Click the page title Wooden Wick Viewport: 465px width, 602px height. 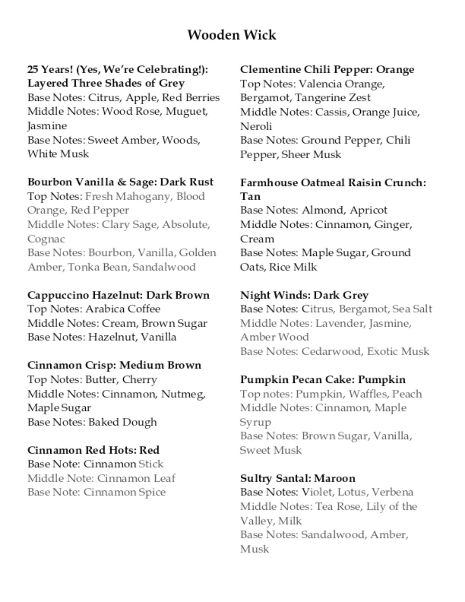tap(232, 35)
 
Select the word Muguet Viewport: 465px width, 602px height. tap(186, 111)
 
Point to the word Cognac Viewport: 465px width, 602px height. tap(46, 239)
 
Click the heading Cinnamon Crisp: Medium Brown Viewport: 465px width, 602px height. tap(114, 365)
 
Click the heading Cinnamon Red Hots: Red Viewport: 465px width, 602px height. tap(93, 450)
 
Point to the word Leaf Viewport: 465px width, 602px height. tap(164, 478)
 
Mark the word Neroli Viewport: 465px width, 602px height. tap(256, 126)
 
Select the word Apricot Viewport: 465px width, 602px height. tap(368, 210)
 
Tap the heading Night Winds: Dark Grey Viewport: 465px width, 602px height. tap(304, 295)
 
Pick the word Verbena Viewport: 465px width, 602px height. tap(392, 492)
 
